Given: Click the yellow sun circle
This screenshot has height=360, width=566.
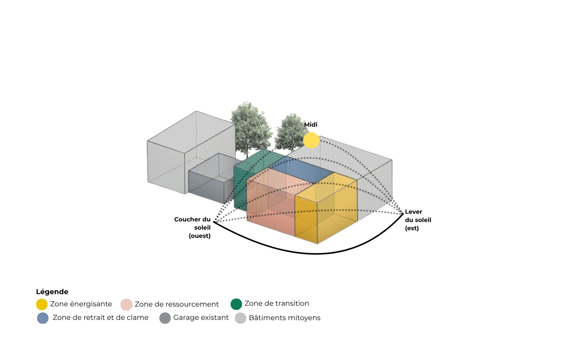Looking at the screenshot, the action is coord(311,140).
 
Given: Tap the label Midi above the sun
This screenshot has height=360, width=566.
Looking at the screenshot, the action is coord(310,124).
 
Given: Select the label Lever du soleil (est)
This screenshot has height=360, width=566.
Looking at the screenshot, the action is coord(418,220).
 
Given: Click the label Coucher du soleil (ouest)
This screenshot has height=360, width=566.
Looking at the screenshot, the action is coord(192,227).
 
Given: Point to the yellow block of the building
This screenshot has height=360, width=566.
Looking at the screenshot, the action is coord(326,210).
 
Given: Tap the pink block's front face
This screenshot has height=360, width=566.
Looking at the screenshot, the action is coord(270,207).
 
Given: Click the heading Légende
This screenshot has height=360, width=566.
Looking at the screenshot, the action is coord(52,292).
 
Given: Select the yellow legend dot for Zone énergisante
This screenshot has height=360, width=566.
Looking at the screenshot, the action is coord(42,304).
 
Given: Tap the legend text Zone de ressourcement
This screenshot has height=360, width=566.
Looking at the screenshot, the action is coord(177,304).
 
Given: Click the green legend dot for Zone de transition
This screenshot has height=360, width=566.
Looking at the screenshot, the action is coord(236,304).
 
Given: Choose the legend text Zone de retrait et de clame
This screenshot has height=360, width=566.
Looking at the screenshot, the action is coord(101,317).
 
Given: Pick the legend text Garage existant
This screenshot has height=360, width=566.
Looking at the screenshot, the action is coord(201,318).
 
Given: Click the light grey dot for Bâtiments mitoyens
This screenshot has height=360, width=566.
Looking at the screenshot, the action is coord(241,318).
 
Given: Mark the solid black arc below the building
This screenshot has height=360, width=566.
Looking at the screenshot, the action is coord(315,254).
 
